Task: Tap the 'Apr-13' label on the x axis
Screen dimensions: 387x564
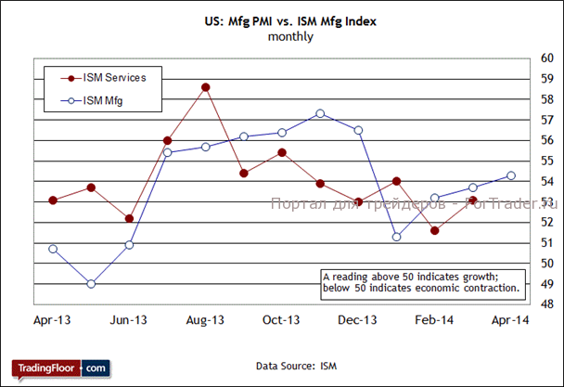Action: pyautogui.click(x=53, y=320)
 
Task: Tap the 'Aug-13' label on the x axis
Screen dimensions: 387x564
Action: pyautogui.click(x=205, y=320)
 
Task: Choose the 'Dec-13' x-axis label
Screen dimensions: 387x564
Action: pyautogui.click(x=357, y=320)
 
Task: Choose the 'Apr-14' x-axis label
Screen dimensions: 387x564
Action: pyautogui.click(x=510, y=320)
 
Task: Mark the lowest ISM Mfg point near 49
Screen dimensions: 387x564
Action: pyautogui.click(x=91, y=283)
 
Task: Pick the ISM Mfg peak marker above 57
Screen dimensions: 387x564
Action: pyautogui.click(x=320, y=114)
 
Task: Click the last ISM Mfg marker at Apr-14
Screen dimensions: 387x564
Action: pyautogui.click(x=511, y=174)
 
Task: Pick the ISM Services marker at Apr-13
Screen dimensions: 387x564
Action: pyautogui.click(x=53, y=200)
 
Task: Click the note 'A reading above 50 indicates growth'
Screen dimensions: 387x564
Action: pyautogui.click(x=420, y=277)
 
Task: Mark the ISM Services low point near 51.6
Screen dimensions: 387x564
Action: pyautogui.click(x=434, y=230)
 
